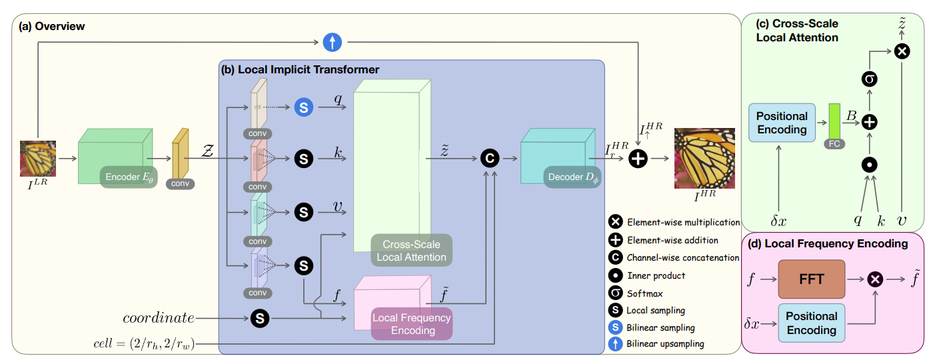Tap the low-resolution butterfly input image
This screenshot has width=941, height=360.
click(37, 158)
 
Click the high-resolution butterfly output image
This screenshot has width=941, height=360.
click(704, 159)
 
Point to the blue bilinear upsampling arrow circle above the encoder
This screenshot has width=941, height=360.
click(332, 43)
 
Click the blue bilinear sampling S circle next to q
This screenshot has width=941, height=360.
click(304, 107)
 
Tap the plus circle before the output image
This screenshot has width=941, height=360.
click(638, 159)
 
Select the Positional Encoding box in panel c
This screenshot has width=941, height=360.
click(782, 122)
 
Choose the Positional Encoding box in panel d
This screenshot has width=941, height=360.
click(811, 323)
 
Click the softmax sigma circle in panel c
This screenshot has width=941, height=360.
click(870, 79)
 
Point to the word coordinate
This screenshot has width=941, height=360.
click(158, 319)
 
